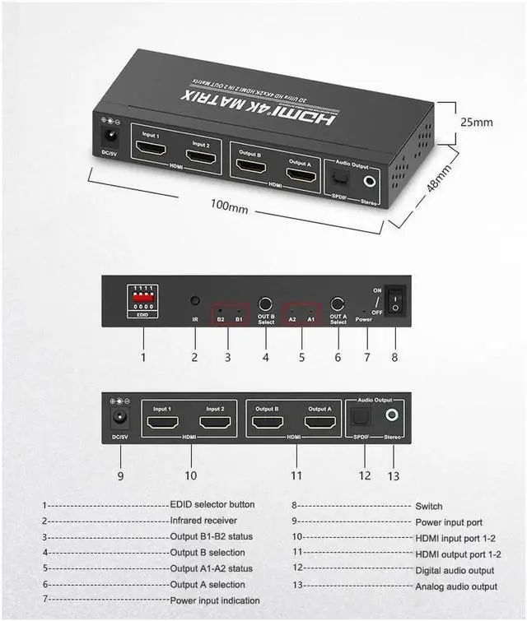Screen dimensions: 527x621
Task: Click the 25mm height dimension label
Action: [x=477, y=122]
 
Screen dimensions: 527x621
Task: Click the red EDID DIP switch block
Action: [x=143, y=298]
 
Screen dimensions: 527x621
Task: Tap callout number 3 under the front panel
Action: [x=228, y=357]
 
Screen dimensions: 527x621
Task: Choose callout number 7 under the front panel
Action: [x=366, y=357]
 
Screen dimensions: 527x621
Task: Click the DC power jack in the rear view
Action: [x=120, y=417]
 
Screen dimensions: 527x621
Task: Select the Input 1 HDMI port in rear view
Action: [x=163, y=424]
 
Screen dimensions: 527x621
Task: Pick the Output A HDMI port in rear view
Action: [x=319, y=424]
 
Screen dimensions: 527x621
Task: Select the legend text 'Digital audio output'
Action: [x=455, y=570]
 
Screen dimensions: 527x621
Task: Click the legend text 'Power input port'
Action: [x=449, y=521]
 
